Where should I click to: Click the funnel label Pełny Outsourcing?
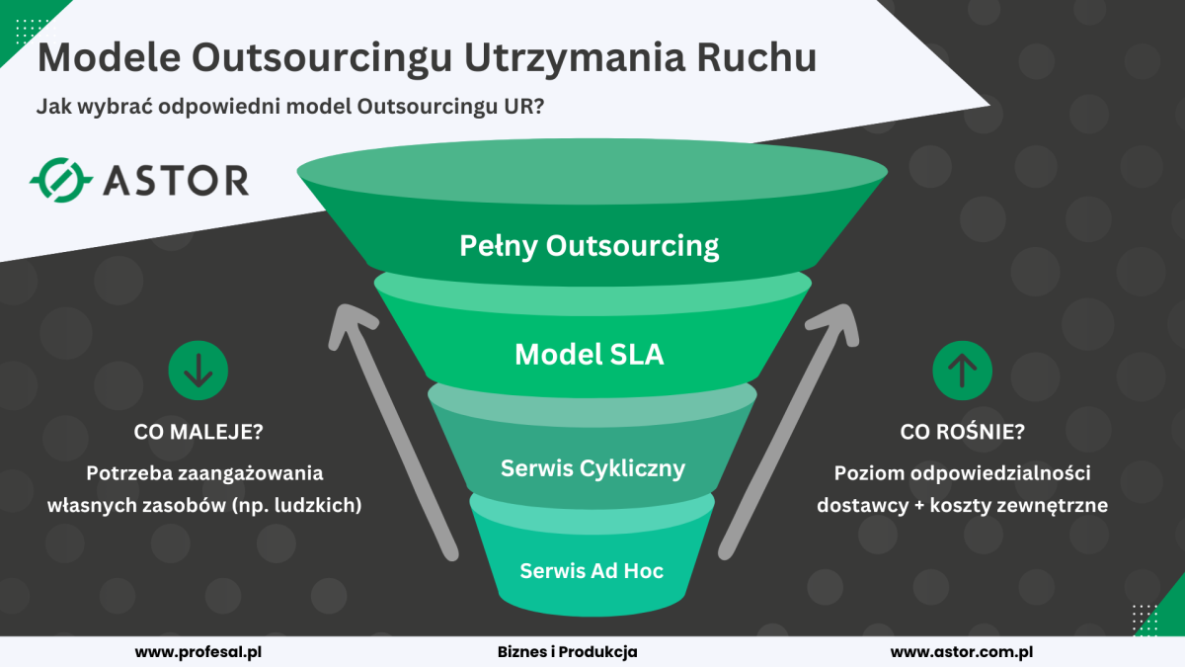pyautogui.click(x=589, y=246)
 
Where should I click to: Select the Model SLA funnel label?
pyautogui.click(x=590, y=354)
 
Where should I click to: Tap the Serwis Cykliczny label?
pyautogui.click(x=593, y=468)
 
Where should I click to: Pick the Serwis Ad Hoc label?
pyautogui.click(x=592, y=571)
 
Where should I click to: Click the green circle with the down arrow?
pyautogui.click(x=198, y=370)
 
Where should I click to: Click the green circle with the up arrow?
pyautogui.click(x=962, y=370)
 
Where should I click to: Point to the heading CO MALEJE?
pyautogui.click(x=198, y=432)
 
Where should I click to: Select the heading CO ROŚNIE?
pyautogui.click(x=962, y=432)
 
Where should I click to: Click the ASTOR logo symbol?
pyautogui.click(x=61, y=180)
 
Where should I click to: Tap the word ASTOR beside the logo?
pyautogui.click(x=176, y=181)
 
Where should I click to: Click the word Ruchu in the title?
pyautogui.click(x=757, y=57)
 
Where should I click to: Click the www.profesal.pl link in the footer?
pyautogui.click(x=198, y=651)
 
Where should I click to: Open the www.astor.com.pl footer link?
pyautogui.click(x=962, y=651)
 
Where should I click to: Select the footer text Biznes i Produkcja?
pyautogui.click(x=567, y=651)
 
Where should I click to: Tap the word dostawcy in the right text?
pyautogui.click(x=862, y=505)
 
